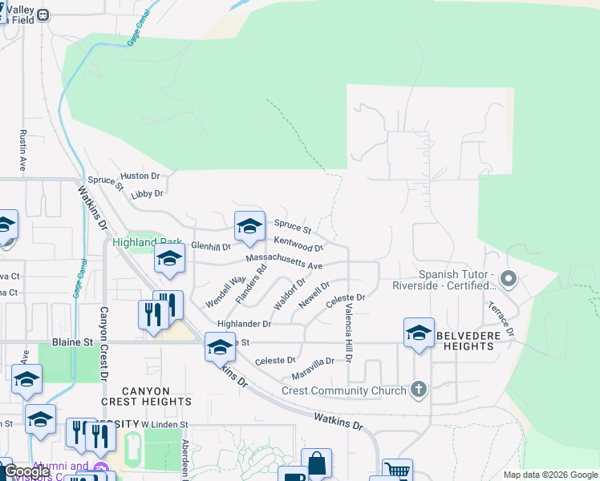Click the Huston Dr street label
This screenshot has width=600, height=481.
[x=140, y=176]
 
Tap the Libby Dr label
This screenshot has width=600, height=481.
[x=147, y=193]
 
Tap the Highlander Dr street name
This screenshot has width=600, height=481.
[x=245, y=324]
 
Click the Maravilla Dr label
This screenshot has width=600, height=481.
[x=312, y=362]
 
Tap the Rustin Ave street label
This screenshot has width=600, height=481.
[x=23, y=150]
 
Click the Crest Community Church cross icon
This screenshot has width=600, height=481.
[x=417, y=390]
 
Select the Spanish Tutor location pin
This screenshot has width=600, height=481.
[x=508, y=279]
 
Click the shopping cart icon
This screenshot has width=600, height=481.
[x=397, y=470]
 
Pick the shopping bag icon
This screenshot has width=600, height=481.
[x=316, y=463]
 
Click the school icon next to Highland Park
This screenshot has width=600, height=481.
[x=169, y=259]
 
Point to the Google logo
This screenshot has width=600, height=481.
[x=27, y=471]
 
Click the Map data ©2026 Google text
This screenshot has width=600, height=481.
[x=549, y=475]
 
